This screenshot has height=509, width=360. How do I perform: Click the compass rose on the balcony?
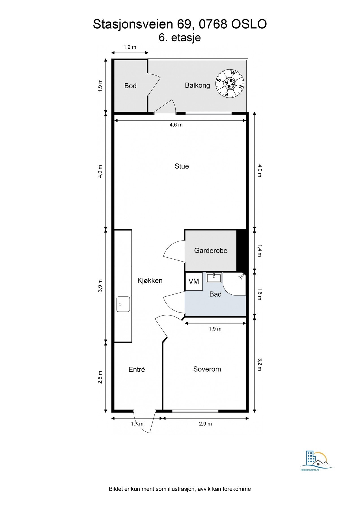(x=230, y=83)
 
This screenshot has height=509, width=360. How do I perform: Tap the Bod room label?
(x=130, y=86)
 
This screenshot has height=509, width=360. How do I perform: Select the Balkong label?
(x=197, y=85)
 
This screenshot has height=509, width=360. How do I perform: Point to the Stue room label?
(x=182, y=166)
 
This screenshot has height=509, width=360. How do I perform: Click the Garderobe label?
(x=211, y=251)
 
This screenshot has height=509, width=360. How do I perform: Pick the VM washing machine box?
(x=194, y=281)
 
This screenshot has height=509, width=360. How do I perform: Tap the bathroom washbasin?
(x=214, y=278)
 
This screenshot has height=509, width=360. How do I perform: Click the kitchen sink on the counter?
(x=123, y=304)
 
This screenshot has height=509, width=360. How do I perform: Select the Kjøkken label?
(x=150, y=281)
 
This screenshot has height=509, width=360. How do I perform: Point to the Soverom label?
(x=207, y=369)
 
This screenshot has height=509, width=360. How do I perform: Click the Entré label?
(x=137, y=369)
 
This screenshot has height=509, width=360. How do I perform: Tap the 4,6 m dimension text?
(x=176, y=125)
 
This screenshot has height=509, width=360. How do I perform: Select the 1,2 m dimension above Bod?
(x=130, y=47)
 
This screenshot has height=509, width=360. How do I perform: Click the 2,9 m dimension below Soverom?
(x=205, y=424)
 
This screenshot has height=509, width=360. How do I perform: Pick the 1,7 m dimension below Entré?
(x=137, y=424)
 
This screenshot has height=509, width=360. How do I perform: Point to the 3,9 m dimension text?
(x=100, y=286)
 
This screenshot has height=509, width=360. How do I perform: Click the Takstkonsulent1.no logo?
(x=316, y=461)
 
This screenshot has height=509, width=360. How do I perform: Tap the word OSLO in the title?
(x=249, y=24)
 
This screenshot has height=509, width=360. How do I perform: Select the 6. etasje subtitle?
(x=180, y=38)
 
